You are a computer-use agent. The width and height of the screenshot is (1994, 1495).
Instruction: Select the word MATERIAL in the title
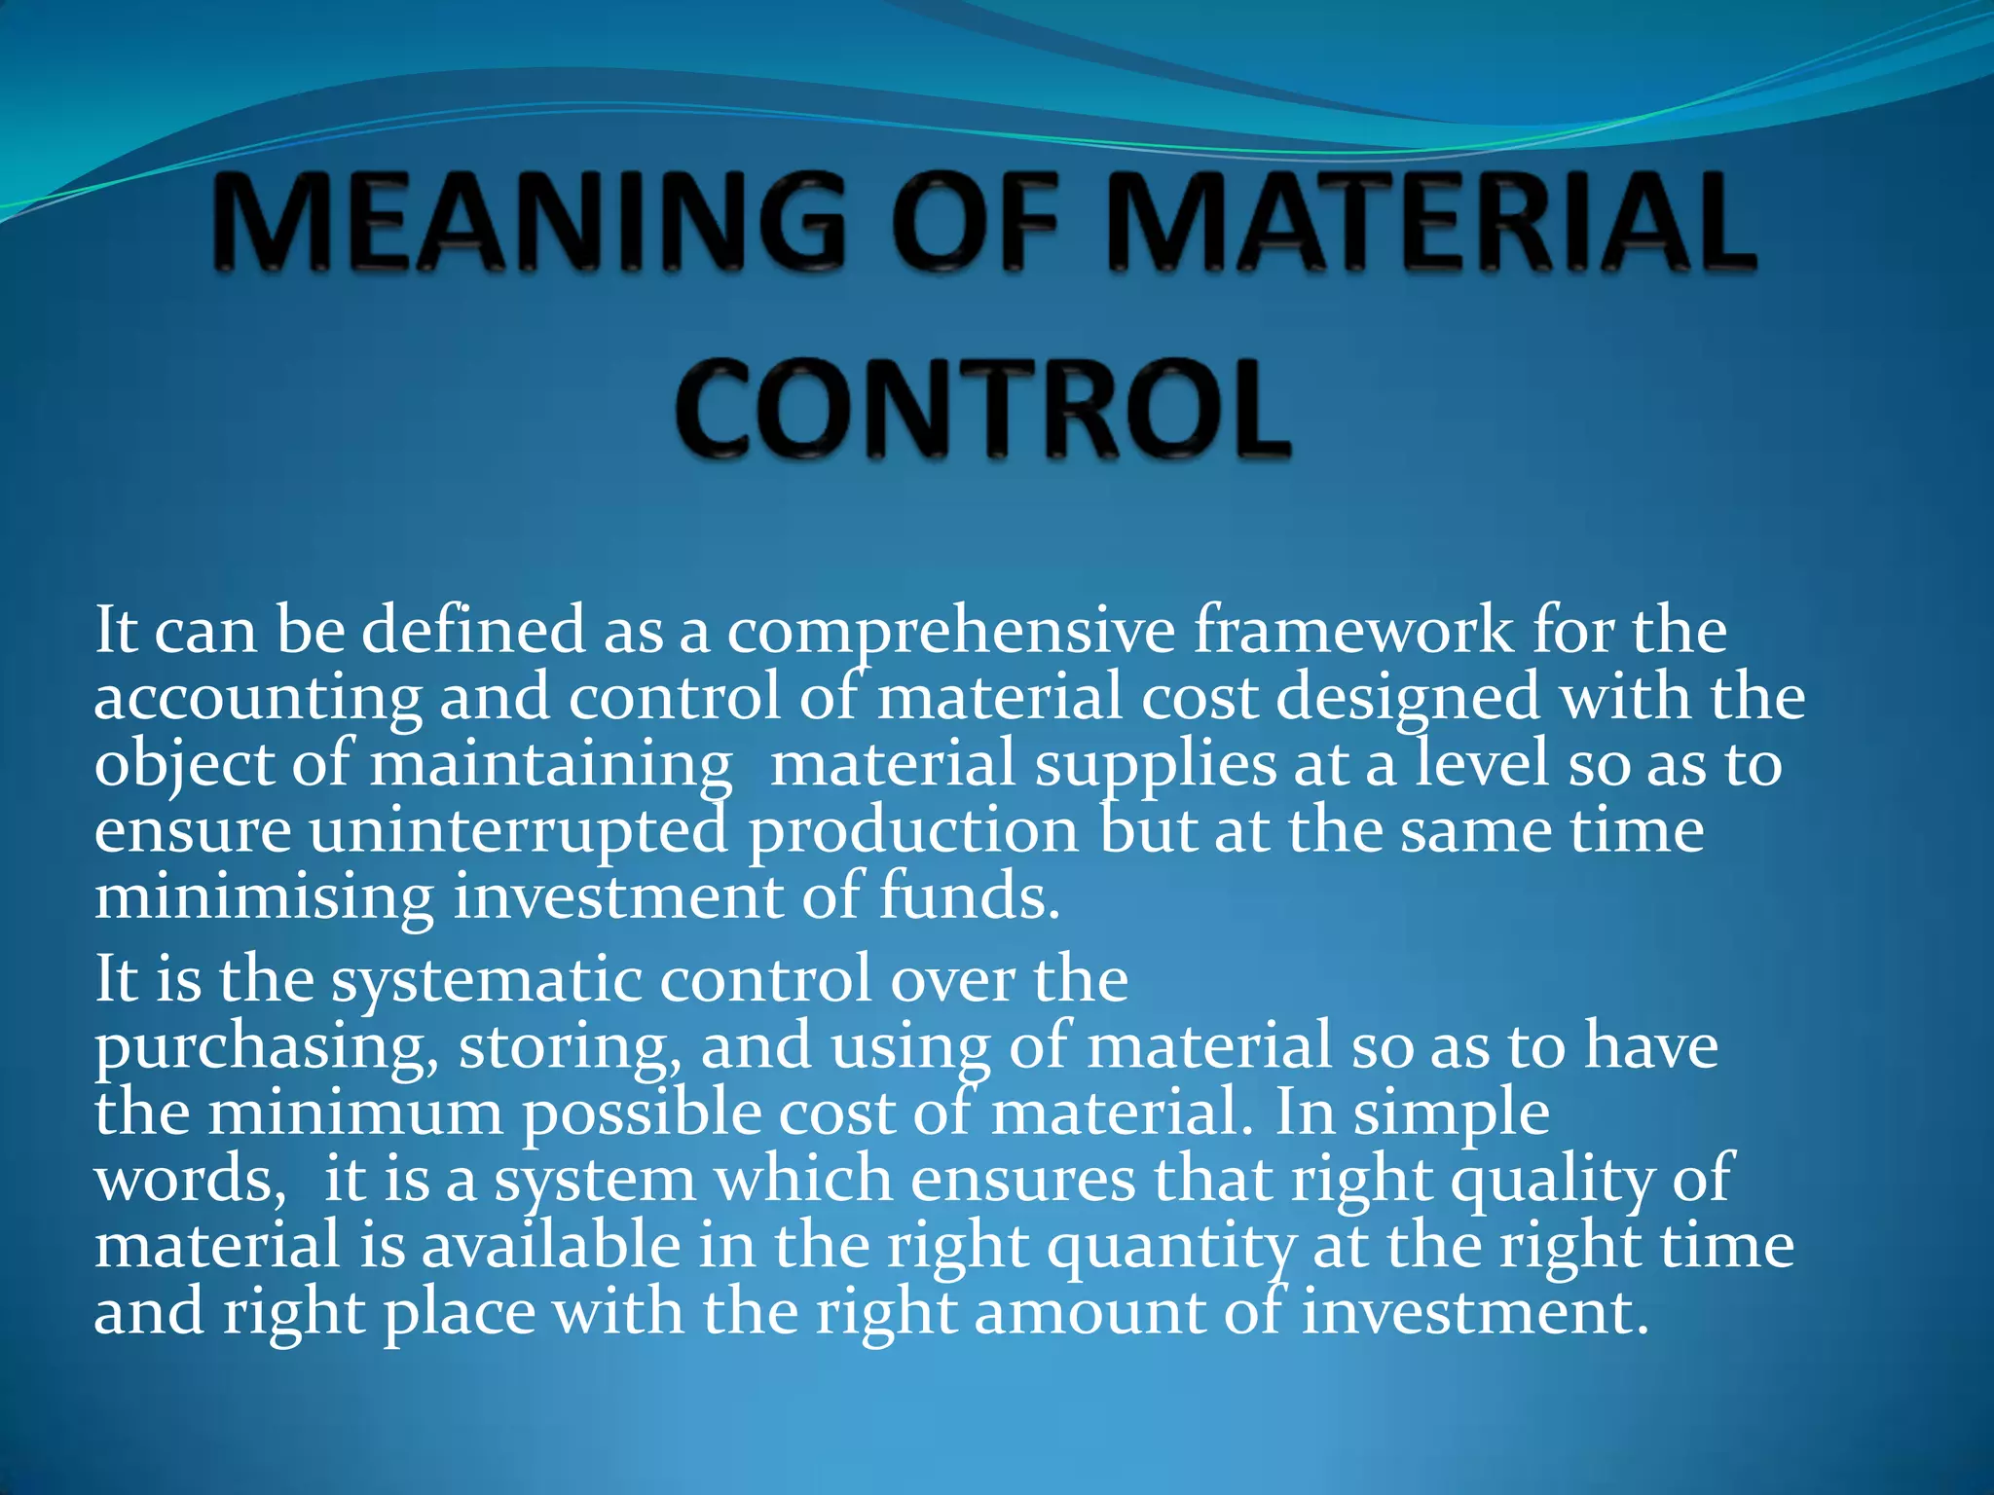1430,221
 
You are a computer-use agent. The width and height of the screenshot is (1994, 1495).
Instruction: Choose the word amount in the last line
1089,1313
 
